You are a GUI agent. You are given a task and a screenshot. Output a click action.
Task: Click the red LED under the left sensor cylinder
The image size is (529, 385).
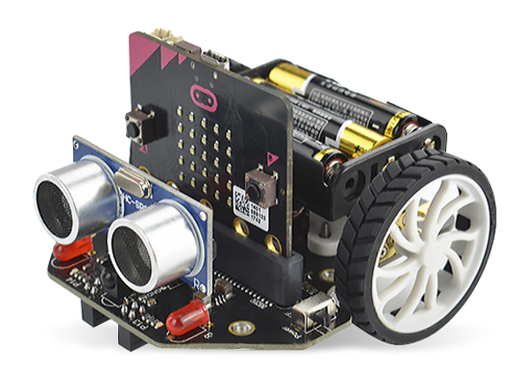point(67,250)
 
